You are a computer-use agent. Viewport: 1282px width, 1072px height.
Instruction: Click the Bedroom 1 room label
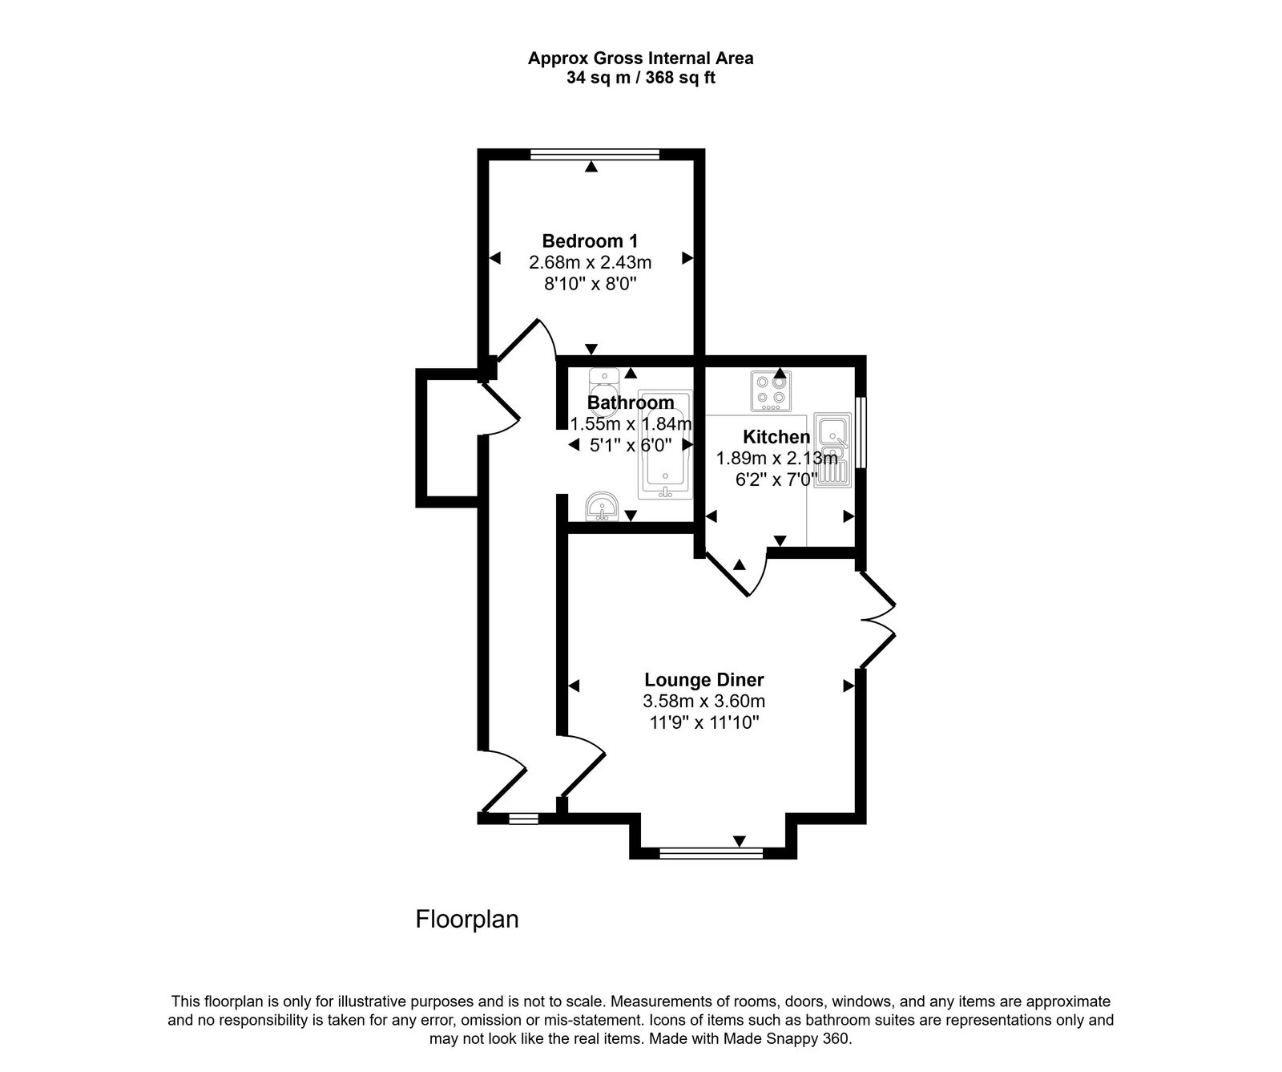590,241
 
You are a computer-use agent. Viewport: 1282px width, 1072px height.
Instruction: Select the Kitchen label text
776,437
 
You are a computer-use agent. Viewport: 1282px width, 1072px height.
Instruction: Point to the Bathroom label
631,403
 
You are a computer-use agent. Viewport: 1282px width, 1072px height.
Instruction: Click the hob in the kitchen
771,390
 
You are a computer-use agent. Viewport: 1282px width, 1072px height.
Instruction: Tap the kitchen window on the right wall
860,432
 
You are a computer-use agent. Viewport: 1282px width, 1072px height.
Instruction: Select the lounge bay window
711,853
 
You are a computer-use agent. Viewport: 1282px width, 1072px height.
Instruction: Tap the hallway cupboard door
500,409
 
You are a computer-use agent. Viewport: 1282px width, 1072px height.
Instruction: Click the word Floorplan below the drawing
467,919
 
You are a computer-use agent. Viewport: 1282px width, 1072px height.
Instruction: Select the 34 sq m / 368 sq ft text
640,79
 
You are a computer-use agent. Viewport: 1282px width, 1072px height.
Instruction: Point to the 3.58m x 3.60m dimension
703,701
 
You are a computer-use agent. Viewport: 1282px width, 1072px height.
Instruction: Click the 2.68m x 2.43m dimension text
590,262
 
